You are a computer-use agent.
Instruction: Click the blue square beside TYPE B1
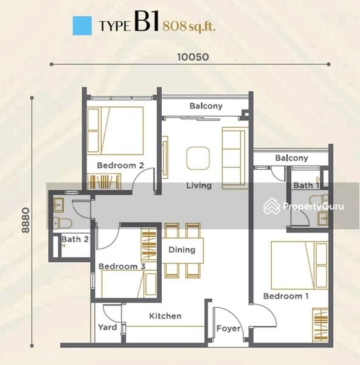pos(82,26)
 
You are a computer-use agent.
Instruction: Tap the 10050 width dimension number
pos(193,57)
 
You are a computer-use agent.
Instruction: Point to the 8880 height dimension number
pos(26,220)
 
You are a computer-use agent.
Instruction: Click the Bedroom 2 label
pos(120,165)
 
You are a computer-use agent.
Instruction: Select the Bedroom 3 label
pos(122,266)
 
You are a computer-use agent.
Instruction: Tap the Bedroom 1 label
pos(286,296)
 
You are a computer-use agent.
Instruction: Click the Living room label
pos(199,186)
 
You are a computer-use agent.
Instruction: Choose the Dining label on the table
pos(182,250)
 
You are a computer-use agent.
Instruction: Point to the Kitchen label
pos(165,316)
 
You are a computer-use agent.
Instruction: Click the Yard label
pos(108,327)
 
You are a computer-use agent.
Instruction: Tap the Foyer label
pos(228,328)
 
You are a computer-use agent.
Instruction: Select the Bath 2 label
pos(75,239)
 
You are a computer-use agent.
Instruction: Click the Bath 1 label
pos(306,186)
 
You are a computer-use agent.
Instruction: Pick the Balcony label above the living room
pos(206,106)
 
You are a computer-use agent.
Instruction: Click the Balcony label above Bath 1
pos(291,158)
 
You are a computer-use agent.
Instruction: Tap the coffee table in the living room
pos(198,158)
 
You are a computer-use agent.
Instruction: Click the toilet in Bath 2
pos(63,223)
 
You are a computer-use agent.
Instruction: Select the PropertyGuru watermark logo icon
pos(272,206)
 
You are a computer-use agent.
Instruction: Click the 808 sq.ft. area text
pos(189,26)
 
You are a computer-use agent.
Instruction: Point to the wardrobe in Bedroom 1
pos(320,325)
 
